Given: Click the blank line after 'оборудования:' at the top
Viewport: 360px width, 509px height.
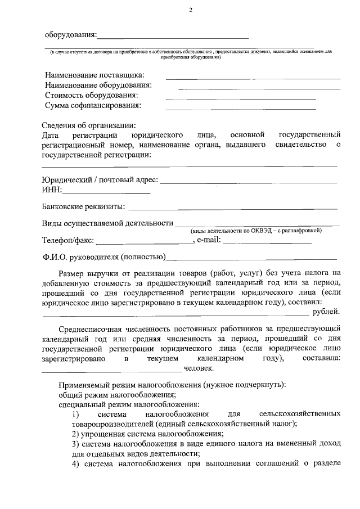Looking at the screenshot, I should pos(173,37).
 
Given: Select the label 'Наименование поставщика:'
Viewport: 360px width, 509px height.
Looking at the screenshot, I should pos(94,75).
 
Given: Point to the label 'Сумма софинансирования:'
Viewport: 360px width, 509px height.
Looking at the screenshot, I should pos(93,105).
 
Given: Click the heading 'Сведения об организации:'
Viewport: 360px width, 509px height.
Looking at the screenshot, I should pos(89,125).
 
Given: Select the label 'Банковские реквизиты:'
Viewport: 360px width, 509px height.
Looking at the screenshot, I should pos(84,208).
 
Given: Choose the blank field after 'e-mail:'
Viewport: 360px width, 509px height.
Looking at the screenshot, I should pos(268,242).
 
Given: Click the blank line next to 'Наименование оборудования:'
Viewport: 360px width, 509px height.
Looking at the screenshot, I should pos(259,88).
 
